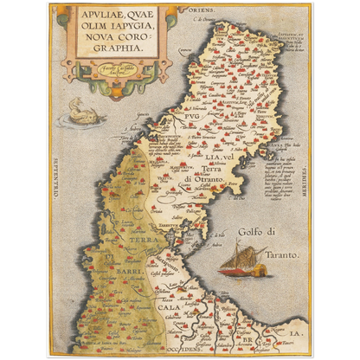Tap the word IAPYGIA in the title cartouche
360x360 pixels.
point(132,25)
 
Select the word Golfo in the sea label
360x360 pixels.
point(253,231)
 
